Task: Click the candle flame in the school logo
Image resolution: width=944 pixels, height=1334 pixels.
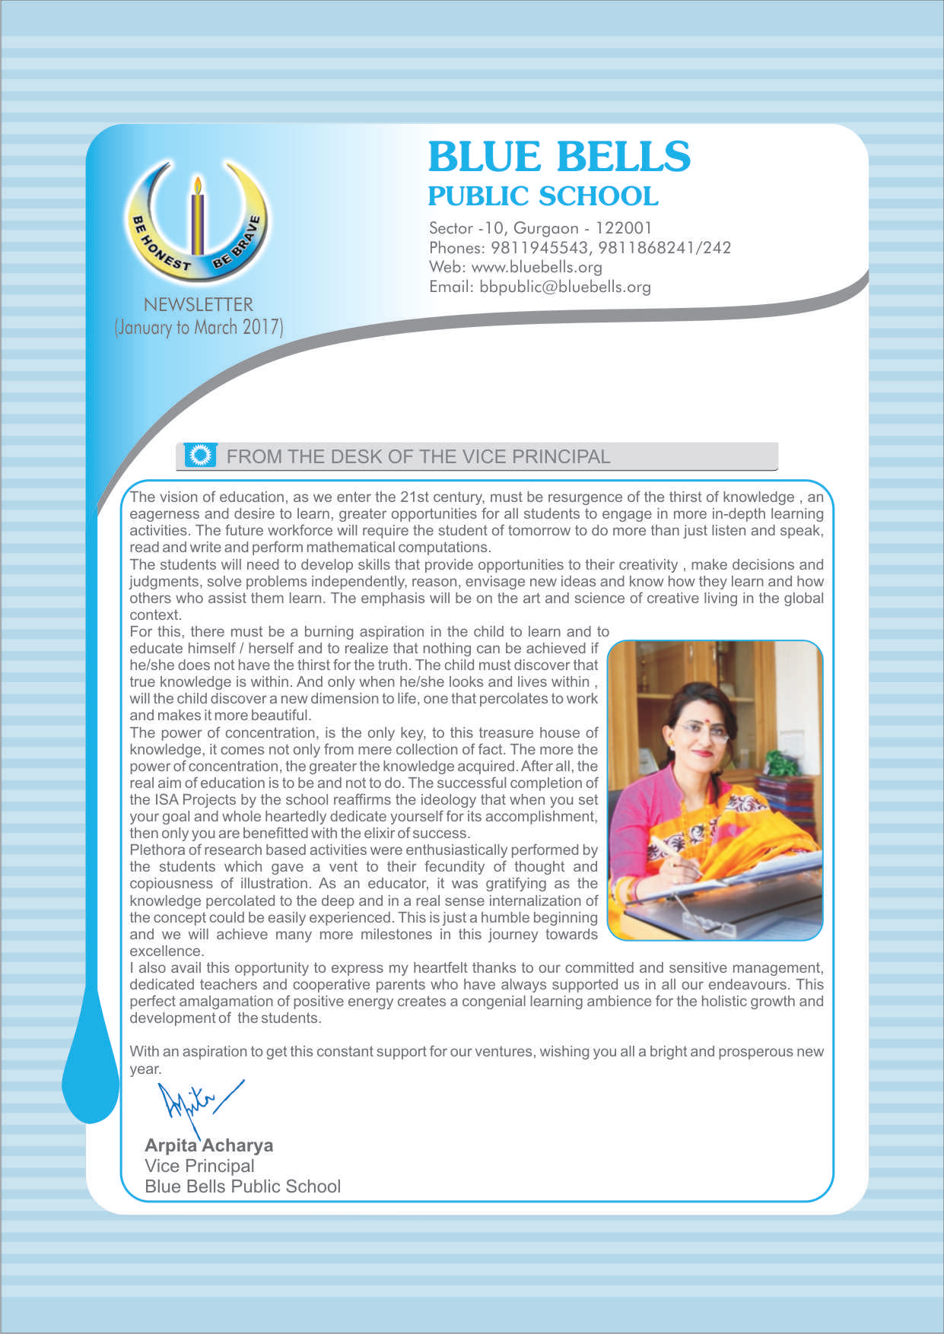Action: [x=198, y=186]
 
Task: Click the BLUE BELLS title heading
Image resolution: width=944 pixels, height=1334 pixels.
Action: [x=559, y=157]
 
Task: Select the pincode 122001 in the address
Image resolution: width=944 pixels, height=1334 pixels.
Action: [x=623, y=228]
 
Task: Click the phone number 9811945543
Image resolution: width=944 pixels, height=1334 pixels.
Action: [x=539, y=248]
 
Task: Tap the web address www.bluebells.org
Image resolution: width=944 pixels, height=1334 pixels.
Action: [x=536, y=268]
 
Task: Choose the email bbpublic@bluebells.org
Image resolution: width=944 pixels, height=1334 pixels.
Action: [x=564, y=287]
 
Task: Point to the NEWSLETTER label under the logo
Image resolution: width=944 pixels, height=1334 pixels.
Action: [x=198, y=305]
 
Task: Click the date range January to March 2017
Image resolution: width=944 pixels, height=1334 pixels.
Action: [x=199, y=328]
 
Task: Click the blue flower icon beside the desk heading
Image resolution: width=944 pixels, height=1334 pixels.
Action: [x=201, y=456]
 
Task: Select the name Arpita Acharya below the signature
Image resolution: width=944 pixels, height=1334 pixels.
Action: [x=208, y=1145]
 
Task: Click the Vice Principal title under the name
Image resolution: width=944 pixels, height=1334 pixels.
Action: [x=199, y=1166]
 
